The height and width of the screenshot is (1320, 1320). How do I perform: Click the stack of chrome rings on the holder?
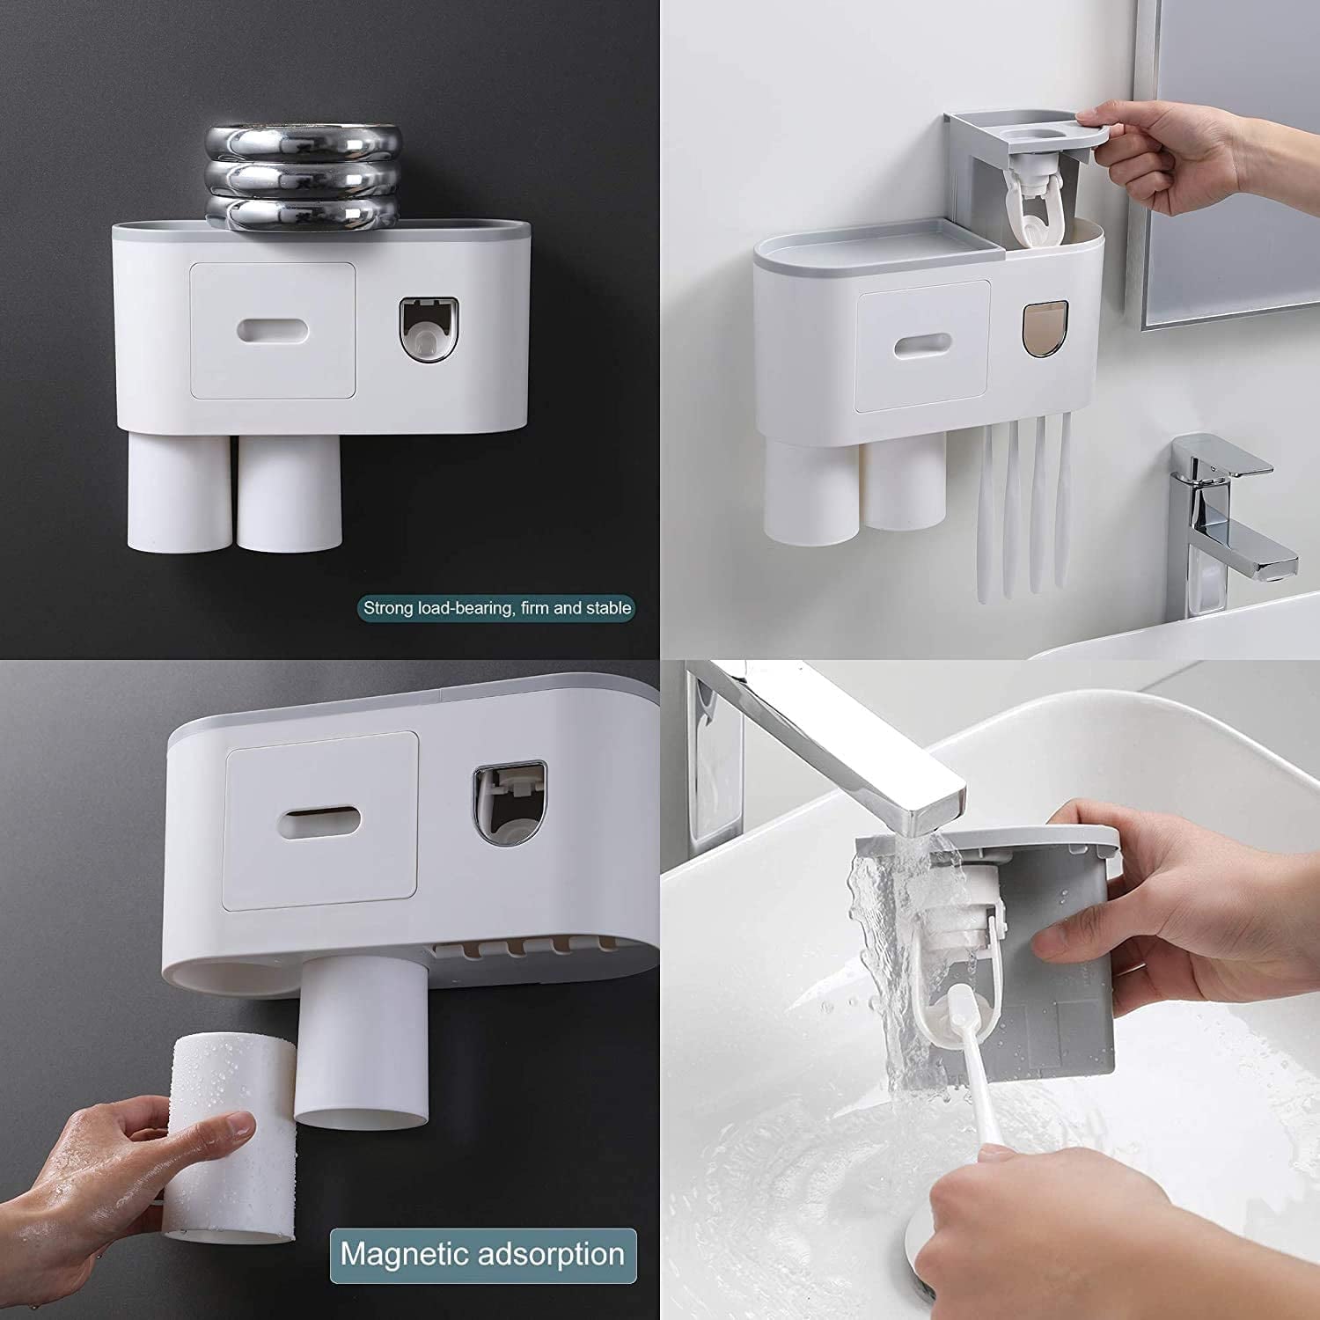coord(302,180)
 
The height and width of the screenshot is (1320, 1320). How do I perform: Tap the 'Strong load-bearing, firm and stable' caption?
coord(497,608)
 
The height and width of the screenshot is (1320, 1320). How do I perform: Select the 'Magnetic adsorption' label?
coord(482,1254)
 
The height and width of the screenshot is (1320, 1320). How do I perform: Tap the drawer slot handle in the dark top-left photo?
coord(272,329)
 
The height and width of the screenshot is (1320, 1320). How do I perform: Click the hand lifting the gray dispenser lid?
coord(1197,150)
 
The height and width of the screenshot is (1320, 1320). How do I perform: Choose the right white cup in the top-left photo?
coord(289,493)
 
